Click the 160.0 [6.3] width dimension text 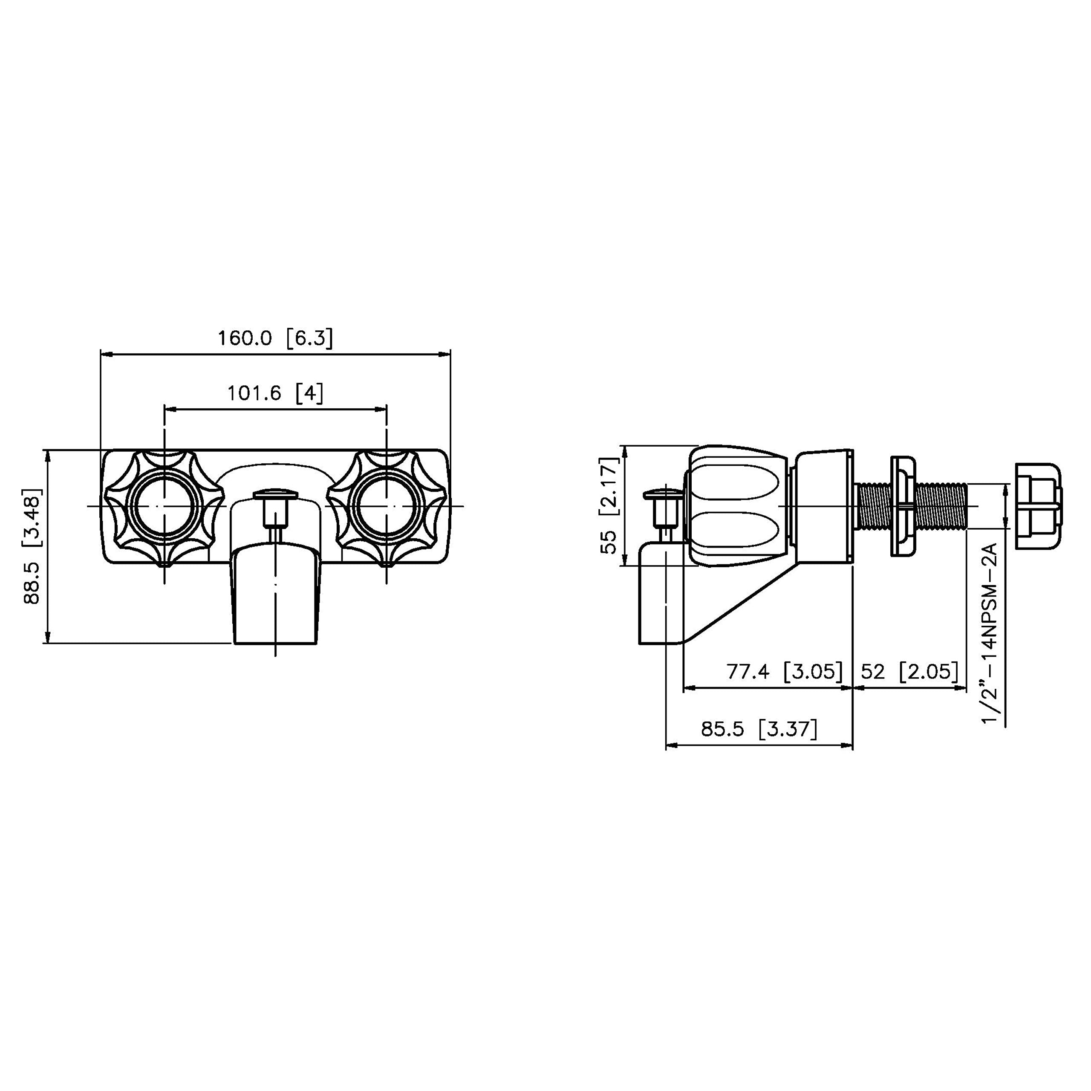tap(275, 339)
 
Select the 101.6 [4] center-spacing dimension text tap(275, 393)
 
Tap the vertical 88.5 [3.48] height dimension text tap(33, 546)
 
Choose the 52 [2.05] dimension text tap(909, 671)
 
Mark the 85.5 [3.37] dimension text tap(759, 729)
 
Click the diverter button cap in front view tap(275, 495)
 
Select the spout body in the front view tap(275, 593)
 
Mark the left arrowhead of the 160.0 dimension tap(105, 355)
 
